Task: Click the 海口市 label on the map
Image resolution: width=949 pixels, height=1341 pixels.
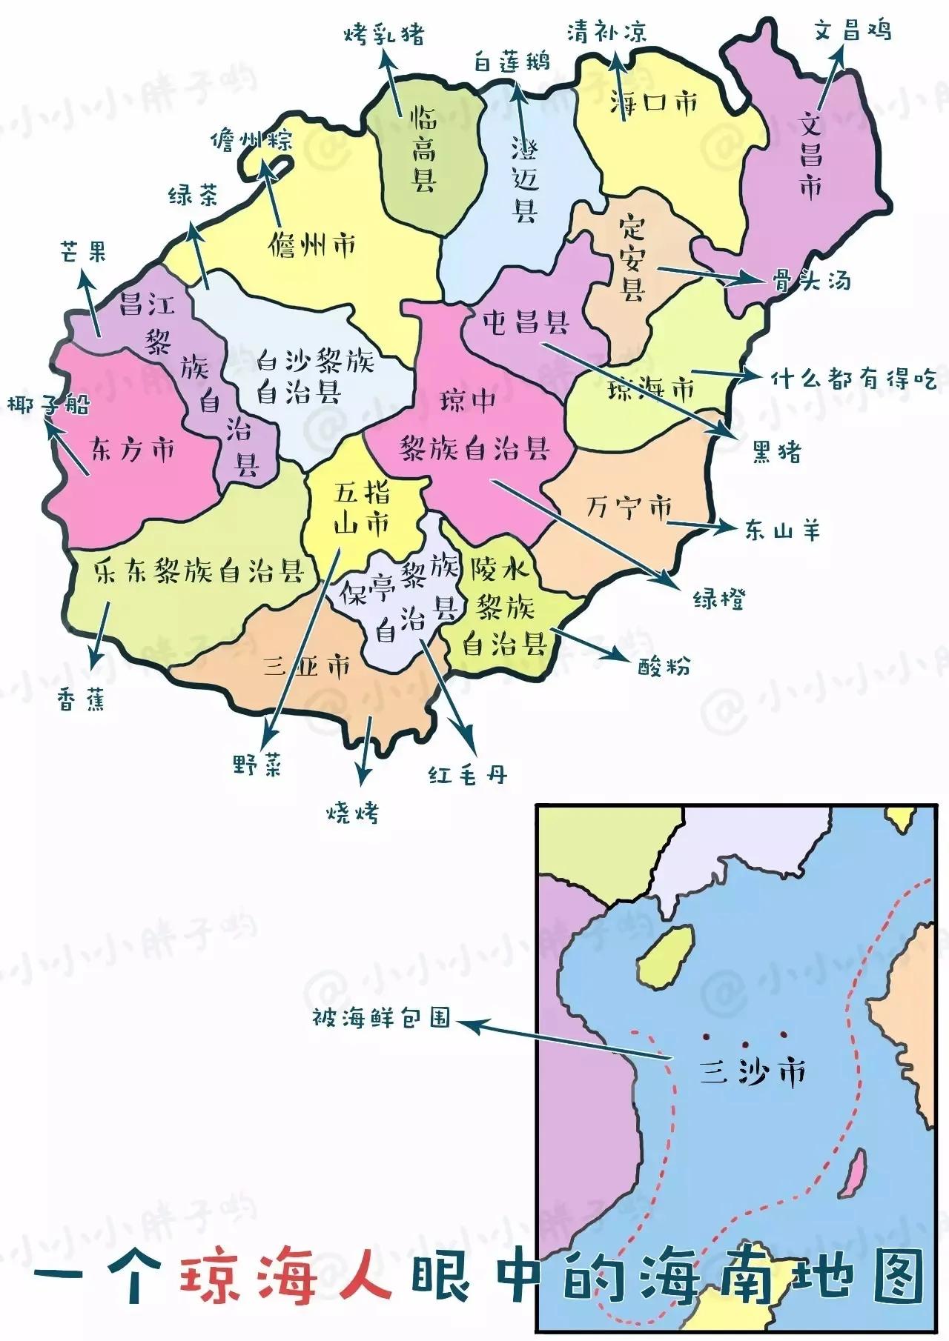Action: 654,102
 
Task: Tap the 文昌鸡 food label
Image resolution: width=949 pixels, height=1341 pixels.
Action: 852,30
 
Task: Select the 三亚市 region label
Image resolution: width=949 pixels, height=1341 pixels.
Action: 307,666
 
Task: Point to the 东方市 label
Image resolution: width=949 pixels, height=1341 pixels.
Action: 133,449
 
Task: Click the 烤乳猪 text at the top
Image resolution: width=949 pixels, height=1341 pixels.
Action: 384,35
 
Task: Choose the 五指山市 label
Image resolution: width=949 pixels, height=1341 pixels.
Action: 363,508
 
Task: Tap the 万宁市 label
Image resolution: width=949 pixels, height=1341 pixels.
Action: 629,508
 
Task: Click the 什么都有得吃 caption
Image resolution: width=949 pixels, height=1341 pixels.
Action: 853,379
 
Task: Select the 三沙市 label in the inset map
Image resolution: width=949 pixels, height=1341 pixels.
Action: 753,1072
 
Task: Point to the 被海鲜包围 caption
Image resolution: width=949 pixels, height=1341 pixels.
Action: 381,1017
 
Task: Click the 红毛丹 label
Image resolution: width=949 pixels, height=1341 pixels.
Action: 468,775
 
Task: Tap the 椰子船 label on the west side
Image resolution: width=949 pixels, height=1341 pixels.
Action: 48,405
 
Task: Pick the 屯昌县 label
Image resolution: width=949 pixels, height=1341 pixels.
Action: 526,322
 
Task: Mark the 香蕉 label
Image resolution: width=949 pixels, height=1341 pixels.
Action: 82,699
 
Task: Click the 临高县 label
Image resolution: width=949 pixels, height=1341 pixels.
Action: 424,149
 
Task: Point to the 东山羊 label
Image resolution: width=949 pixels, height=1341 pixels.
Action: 783,530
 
